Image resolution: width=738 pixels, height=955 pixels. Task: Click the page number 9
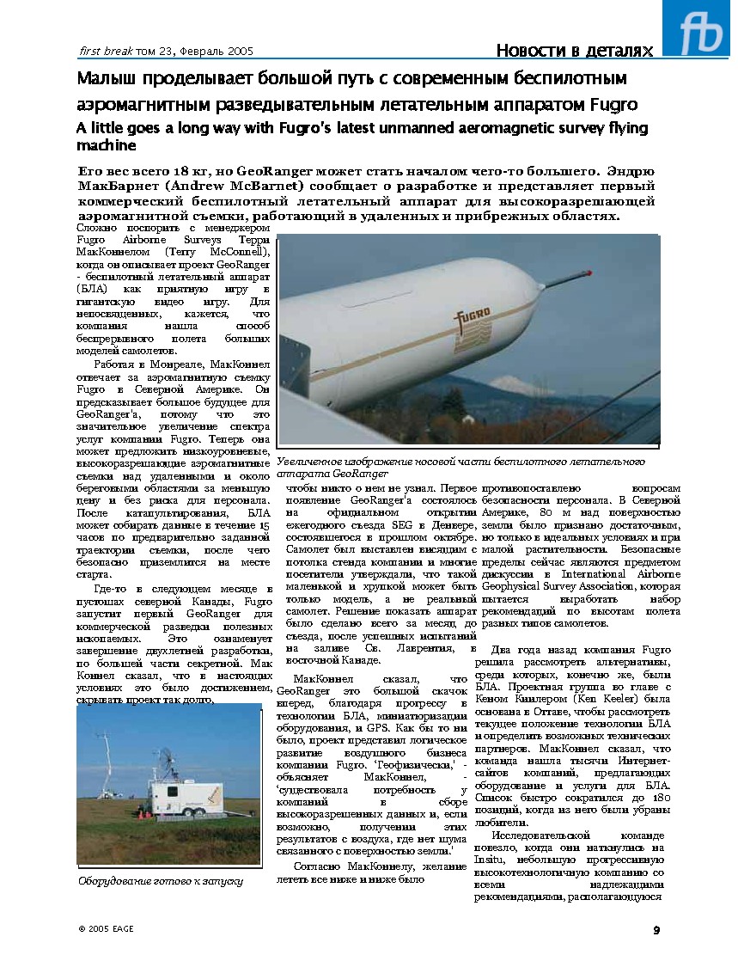[x=656, y=929]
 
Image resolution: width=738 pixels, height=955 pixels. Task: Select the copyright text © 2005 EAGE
[x=106, y=929]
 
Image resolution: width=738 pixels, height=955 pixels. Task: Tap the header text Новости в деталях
[x=574, y=51]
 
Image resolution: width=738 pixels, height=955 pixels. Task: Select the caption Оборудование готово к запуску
[x=161, y=881]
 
